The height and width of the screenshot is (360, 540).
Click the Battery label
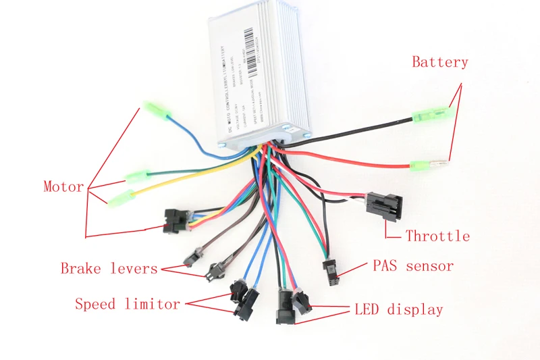[x=439, y=62]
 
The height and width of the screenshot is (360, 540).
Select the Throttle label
[x=437, y=236]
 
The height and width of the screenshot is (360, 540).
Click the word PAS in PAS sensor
[x=387, y=265]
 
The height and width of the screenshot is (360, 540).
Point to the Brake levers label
[x=109, y=268]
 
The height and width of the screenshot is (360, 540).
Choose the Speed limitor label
[x=128, y=304]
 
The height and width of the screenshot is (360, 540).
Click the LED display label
[x=398, y=310]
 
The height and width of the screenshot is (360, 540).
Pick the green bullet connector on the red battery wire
[x=423, y=164]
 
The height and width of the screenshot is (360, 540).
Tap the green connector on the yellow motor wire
[x=122, y=198]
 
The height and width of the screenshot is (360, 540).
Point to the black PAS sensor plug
[x=331, y=270]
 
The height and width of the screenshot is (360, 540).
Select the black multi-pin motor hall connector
[x=176, y=220]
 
